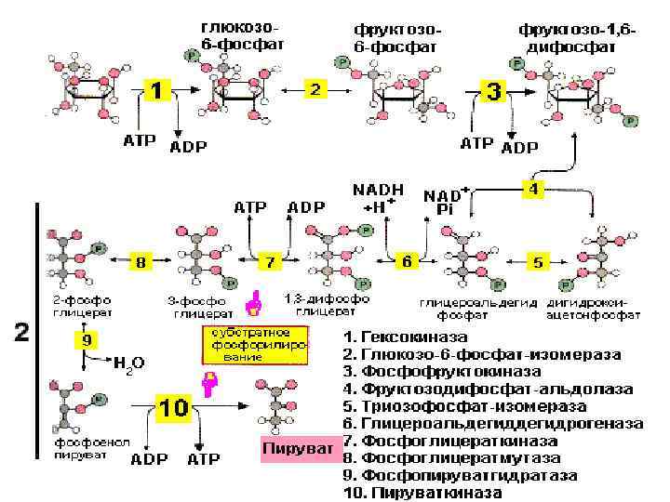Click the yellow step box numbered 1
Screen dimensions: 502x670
pyautogui.click(x=157, y=93)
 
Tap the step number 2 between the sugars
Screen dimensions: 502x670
pyautogui.click(x=315, y=89)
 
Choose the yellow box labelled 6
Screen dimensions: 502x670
pyautogui.click(x=407, y=262)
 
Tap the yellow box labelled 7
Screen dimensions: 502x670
pyautogui.click(x=270, y=263)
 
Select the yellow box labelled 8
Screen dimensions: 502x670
pyautogui.click(x=140, y=263)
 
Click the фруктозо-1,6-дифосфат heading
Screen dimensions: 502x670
pyautogui.click(x=578, y=37)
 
